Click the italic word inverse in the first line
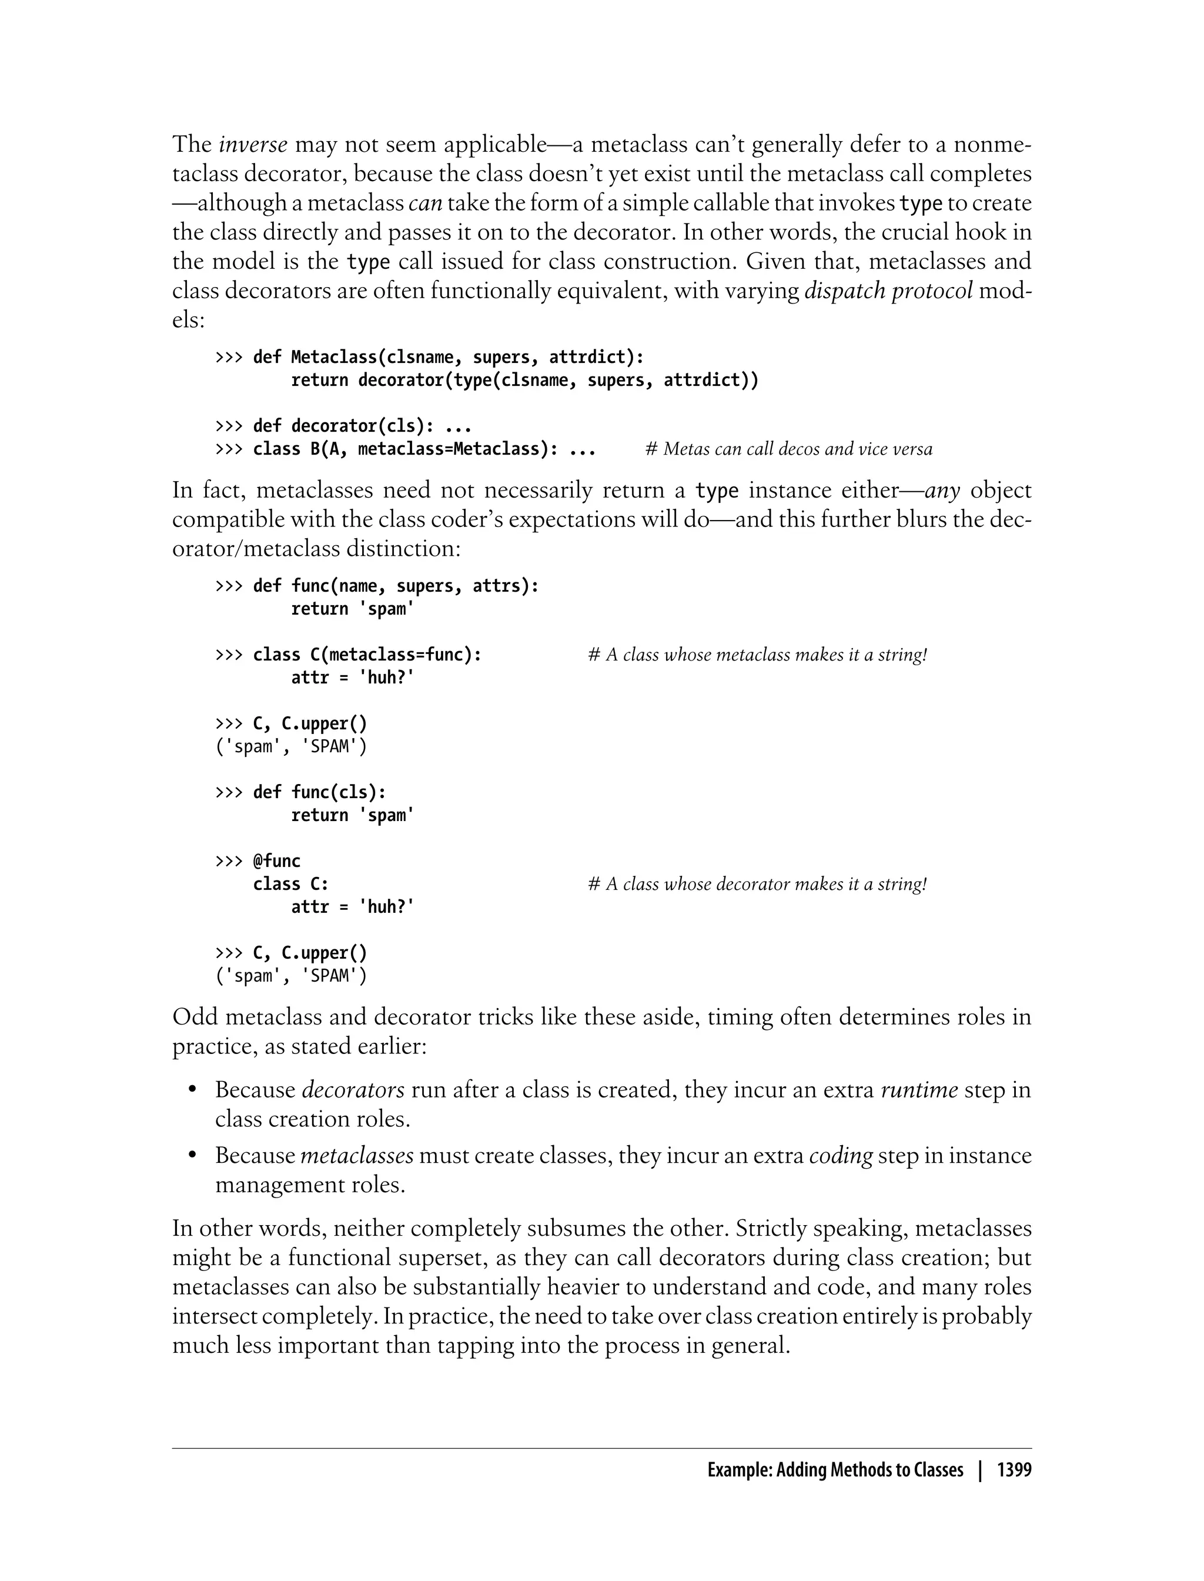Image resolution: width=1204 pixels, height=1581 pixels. point(253,145)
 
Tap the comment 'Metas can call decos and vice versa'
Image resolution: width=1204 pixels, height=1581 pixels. point(788,449)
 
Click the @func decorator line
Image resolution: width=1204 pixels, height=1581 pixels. point(277,861)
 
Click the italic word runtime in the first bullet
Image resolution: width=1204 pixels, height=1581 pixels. point(919,1090)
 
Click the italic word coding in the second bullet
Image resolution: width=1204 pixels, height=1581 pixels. point(841,1156)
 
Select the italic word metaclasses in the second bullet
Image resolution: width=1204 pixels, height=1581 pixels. point(356,1156)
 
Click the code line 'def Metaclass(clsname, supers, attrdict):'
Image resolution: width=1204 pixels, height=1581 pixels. point(448,357)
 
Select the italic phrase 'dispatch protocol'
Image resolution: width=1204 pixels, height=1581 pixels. point(889,291)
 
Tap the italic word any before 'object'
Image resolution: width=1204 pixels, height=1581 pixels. point(942,491)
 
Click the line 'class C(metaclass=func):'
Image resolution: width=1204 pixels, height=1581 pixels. point(367,655)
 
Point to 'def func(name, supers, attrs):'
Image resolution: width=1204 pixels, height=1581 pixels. point(396,586)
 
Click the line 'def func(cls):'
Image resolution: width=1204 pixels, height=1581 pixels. point(320,792)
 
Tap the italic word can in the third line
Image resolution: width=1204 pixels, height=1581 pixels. point(425,204)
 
